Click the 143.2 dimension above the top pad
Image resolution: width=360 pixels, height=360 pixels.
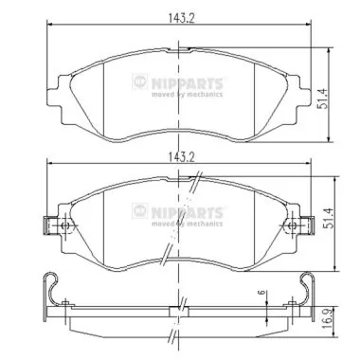click(181, 18)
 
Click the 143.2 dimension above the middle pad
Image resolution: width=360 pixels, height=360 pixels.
click(181, 157)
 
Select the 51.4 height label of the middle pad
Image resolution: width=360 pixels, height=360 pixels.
click(331, 218)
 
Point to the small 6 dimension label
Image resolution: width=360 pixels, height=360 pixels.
click(261, 293)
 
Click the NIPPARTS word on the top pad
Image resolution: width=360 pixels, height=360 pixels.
click(187, 83)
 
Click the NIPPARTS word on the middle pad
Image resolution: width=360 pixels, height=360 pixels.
click(187, 212)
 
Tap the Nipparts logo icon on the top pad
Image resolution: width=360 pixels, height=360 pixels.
click(140, 81)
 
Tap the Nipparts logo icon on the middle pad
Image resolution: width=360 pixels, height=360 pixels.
click(140, 211)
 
